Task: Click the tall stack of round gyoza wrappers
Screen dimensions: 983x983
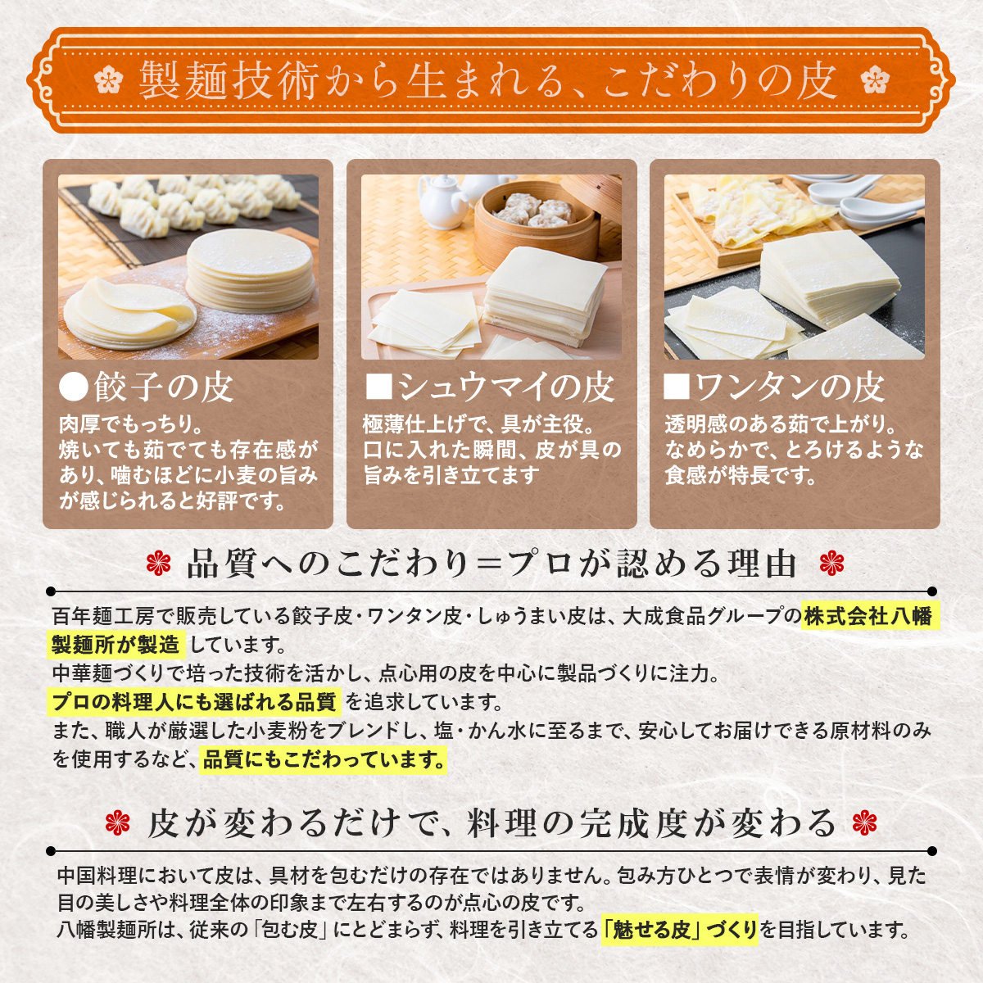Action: click(249, 270)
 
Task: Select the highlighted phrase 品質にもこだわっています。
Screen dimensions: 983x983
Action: click(324, 759)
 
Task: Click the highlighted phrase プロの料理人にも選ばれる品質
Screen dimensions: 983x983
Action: click(193, 702)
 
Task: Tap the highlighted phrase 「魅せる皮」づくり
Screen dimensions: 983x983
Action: click(679, 930)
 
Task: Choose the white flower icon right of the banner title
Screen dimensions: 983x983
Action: click(875, 80)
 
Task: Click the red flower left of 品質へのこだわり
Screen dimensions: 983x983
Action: click(158, 564)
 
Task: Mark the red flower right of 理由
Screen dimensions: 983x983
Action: click(831, 564)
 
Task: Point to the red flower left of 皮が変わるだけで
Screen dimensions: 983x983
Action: click(119, 823)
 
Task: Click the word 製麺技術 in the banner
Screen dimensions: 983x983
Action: click(229, 80)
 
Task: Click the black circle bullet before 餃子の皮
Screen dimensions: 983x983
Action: click(74, 387)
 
